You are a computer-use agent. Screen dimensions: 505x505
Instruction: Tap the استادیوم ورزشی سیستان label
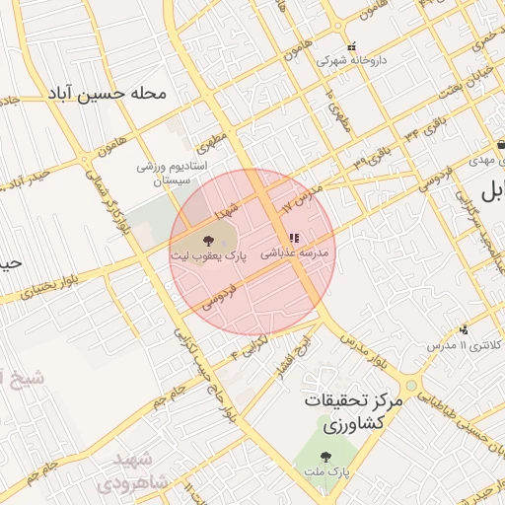pyautogui.click(x=172, y=173)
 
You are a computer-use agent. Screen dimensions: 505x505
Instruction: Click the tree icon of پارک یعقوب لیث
pyautogui.click(x=208, y=240)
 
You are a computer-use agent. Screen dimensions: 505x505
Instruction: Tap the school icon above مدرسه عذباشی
pyautogui.click(x=293, y=238)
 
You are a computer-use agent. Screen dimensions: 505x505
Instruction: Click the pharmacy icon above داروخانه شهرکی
pyautogui.click(x=351, y=46)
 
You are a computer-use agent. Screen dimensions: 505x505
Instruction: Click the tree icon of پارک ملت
pyautogui.click(x=325, y=457)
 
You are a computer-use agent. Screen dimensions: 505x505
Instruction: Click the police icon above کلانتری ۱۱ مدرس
pyautogui.click(x=464, y=329)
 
